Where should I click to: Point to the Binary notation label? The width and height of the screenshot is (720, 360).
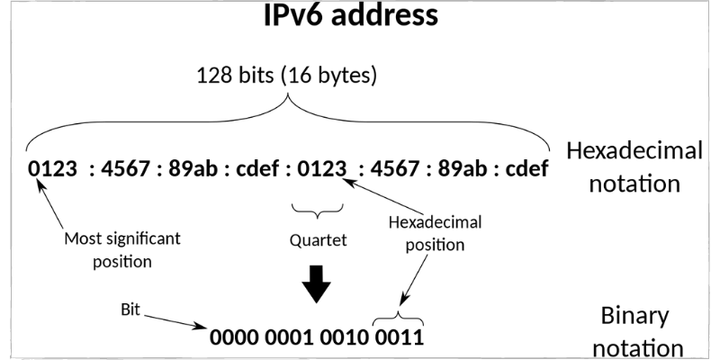click(634, 331)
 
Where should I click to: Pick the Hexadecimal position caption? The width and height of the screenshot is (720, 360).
click(435, 233)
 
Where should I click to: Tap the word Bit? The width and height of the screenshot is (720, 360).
click(130, 308)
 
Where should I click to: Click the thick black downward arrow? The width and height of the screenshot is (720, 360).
click(316, 285)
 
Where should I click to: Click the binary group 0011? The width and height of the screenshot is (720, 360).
click(399, 338)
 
